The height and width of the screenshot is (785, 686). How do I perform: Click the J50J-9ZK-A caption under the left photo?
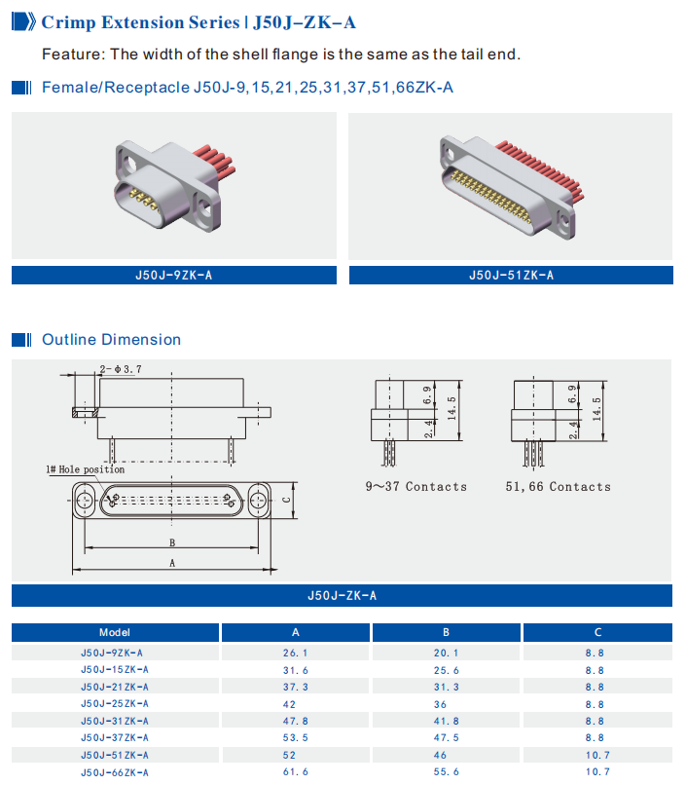pyautogui.click(x=173, y=276)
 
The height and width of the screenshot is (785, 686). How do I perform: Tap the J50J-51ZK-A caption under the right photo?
pyautogui.click(x=510, y=276)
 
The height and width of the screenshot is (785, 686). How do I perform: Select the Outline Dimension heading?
pyautogui.click(x=111, y=340)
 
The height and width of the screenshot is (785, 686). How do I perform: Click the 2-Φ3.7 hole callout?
pyautogui.click(x=121, y=369)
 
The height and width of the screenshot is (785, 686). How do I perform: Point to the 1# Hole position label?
pyautogui.click(x=86, y=469)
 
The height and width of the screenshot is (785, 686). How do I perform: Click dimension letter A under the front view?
pyautogui.click(x=172, y=563)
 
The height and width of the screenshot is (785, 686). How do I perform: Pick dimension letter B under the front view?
pyautogui.click(x=172, y=542)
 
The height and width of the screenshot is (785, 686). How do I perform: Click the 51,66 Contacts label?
pyautogui.click(x=558, y=486)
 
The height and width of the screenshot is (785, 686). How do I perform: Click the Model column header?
pyautogui.click(x=115, y=632)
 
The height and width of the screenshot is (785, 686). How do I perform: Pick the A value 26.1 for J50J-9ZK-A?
pyautogui.click(x=296, y=653)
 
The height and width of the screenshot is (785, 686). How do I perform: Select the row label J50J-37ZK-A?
pyautogui.click(x=115, y=737)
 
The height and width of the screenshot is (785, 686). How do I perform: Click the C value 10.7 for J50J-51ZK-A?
pyautogui.click(x=597, y=755)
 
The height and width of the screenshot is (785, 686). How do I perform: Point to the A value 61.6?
pyautogui.click(x=296, y=772)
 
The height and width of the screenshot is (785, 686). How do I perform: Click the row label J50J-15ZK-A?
pyautogui.click(x=115, y=670)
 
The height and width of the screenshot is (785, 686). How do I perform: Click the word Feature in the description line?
pyautogui.click(x=72, y=54)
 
